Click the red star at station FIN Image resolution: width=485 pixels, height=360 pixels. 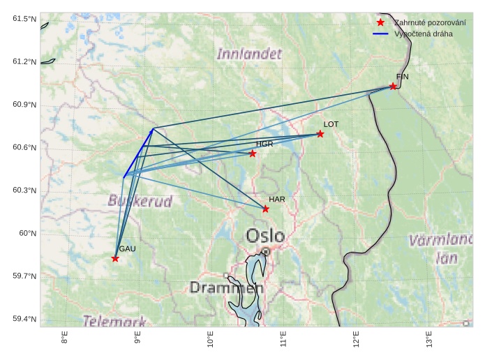(x=393, y=87)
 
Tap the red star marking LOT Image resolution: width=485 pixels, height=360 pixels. (x=320, y=134)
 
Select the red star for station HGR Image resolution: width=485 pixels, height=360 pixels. (x=253, y=153)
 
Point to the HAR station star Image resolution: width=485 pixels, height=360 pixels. (x=266, y=209)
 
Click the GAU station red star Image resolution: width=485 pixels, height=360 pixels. (x=115, y=259)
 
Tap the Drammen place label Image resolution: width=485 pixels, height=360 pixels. (x=226, y=287)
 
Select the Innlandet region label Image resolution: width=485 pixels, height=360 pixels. (x=249, y=54)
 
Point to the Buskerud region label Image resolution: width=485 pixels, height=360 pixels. (x=140, y=201)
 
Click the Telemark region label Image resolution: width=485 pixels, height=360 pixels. (x=114, y=321)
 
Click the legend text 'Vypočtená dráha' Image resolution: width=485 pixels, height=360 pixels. (x=423, y=33)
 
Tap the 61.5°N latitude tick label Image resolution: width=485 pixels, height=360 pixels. (x=24, y=18)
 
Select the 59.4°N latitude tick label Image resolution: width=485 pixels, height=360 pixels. (x=24, y=319)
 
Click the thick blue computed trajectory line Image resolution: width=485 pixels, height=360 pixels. (x=138, y=153)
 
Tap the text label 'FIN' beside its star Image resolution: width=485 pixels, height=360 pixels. (x=402, y=76)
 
